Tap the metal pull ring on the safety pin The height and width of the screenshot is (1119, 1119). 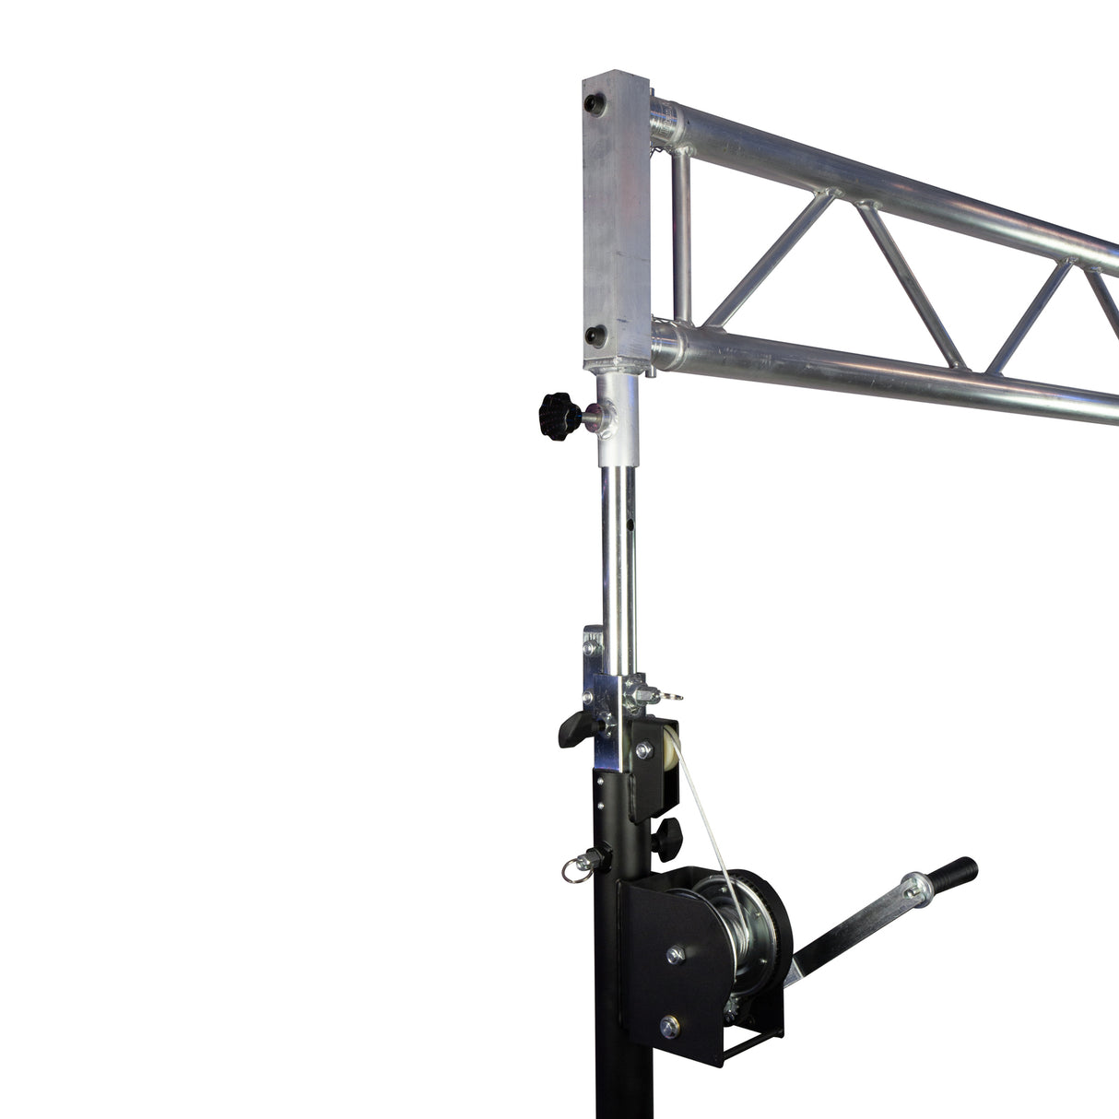pyautogui.click(x=572, y=872)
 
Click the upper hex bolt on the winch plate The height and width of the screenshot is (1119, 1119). pyautogui.click(x=675, y=955)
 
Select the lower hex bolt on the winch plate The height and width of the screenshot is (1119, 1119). pyautogui.click(x=669, y=1026)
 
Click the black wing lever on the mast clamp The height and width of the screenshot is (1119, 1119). pyautogui.click(x=574, y=729)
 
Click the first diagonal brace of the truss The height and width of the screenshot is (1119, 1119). pyautogui.click(x=771, y=250)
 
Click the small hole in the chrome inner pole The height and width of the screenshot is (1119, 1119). pyautogui.click(x=630, y=525)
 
